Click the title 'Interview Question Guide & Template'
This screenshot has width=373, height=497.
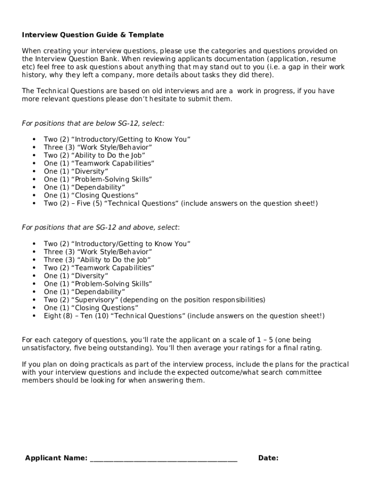tap(93, 35)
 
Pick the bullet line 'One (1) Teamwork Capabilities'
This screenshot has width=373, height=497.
tap(99, 164)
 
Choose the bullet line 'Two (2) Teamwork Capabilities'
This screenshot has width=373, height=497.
tap(99, 268)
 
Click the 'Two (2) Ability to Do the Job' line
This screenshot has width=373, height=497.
tap(94, 155)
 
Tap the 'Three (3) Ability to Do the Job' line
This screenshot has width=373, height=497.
tap(97, 260)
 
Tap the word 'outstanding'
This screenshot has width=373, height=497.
tap(131, 348)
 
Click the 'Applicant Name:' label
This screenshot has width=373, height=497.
tap(56, 458)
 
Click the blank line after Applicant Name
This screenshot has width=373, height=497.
tap(164, 459)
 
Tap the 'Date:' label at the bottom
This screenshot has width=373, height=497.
tap(268, 458)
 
